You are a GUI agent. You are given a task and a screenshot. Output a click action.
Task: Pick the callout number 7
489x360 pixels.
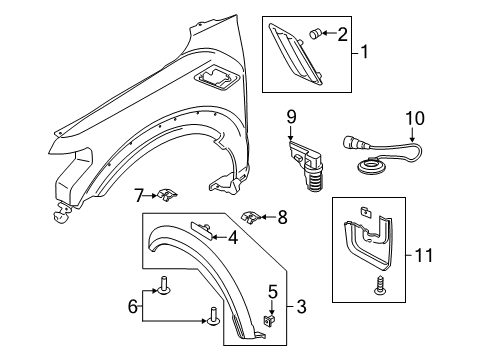point(140,193)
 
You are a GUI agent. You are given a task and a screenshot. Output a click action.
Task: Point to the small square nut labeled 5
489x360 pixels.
point(270,321)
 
